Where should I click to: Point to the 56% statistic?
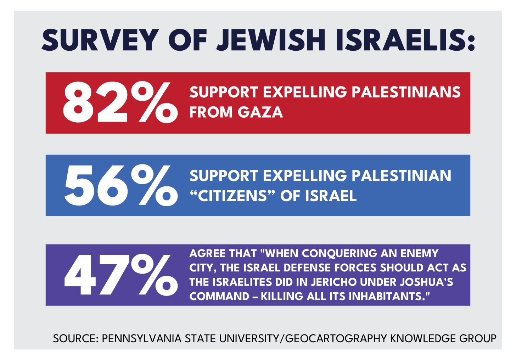120,185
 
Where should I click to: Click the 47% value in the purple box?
120,275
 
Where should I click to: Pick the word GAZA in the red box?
260,112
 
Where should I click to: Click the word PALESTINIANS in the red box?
406,92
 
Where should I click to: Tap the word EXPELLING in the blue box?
305,176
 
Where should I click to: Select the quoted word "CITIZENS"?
232,196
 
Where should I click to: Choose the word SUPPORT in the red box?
223,92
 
